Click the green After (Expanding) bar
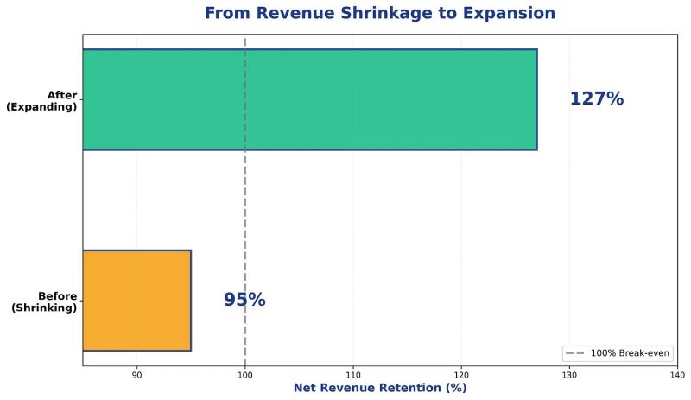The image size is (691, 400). tap(309, 99)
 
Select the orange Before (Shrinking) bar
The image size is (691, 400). tap(136, 300)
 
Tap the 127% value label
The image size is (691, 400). tap(596, 99)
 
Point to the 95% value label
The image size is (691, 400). tap(244, 300)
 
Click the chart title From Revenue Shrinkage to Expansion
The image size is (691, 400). tap(380, 14)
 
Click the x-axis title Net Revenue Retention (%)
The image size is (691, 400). tap(380, 389)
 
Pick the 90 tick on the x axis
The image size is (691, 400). tap(136, 375)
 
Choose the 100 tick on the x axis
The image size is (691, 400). tap(245, 375)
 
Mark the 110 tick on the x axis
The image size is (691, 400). tap(353, 375)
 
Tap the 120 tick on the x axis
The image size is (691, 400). tap(461, 375)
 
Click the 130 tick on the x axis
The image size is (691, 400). tap(569, 375)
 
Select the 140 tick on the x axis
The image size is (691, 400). tap(677, 375)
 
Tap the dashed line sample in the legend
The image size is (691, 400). tap(574, 354)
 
